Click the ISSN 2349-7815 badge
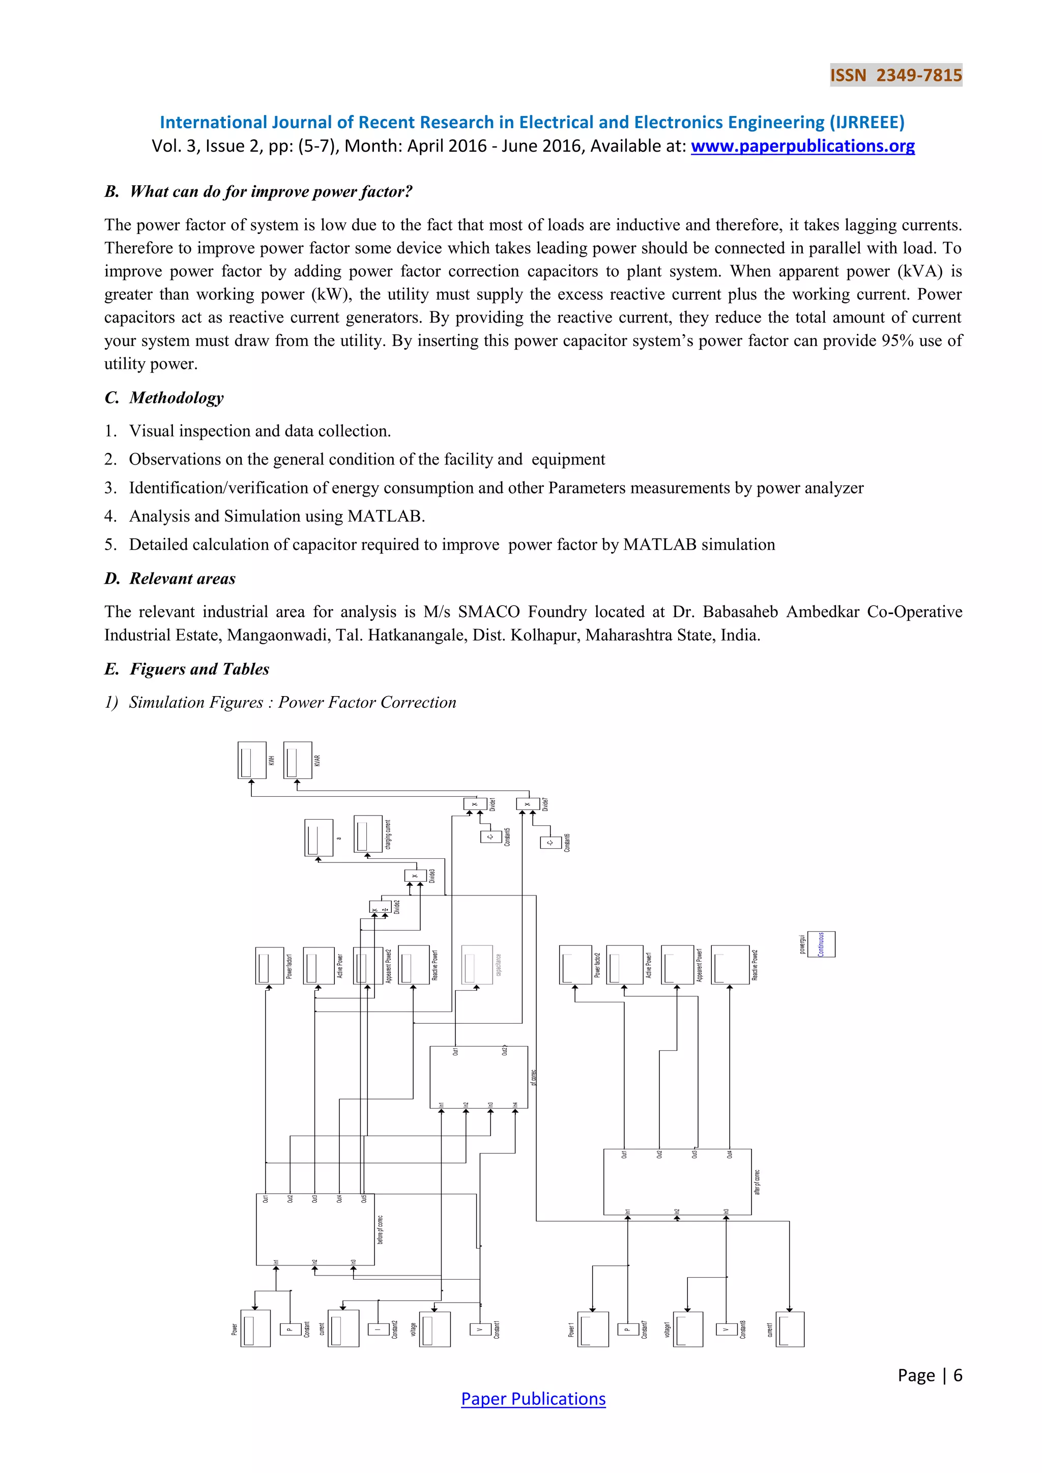895,75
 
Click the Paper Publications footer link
533,1399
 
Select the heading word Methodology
177,398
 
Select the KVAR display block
298,760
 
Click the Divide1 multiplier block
475,804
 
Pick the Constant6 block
551,843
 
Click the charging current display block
368,834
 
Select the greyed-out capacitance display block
477,964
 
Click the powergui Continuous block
821,944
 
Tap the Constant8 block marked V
726,1330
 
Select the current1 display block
790,1330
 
